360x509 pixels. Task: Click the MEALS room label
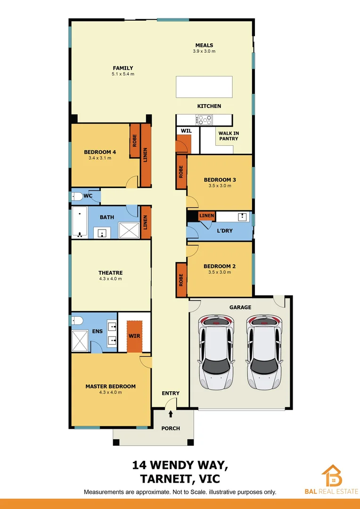[x=205, y=45]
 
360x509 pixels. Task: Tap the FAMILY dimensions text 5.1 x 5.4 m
[x=123, y=74]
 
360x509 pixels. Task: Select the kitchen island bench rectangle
[x=204, y=87]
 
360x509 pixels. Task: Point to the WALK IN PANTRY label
[x=228, y=136]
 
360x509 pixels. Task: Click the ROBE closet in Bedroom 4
[x=135, y=140]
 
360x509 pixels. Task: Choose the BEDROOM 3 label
[x=220, y=180]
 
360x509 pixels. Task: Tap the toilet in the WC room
[x=78, y=197]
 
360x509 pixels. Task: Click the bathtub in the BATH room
[x=79, y=222]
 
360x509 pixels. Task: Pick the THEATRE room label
[x=110, y=273]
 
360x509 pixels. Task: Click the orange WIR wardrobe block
[x=134, y=337]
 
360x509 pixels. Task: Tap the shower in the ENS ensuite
[x=80, y=340]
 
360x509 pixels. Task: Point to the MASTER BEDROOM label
[x=110, y=386]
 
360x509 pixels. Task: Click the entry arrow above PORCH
[x=171, y=414]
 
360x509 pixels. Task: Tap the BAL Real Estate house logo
[x=332, y=476]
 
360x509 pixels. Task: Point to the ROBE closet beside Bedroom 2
[x=180, y=280]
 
